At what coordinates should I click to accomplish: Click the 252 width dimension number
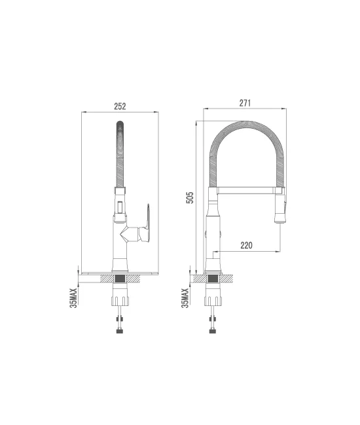point(119,107)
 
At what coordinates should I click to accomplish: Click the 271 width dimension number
point(245,103)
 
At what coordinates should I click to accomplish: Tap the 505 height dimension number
point(190,197)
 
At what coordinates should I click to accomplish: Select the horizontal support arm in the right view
point(245,190)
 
